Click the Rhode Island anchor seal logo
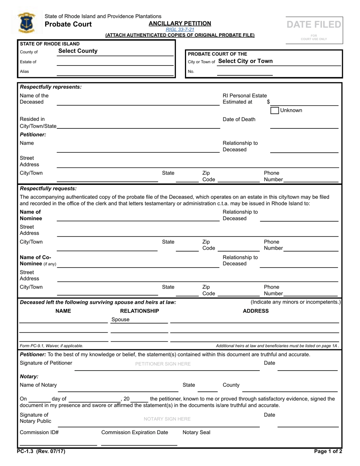click(x=26, y=23)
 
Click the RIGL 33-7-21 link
click(x=180, y=30)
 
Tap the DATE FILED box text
click(x=314, y=25)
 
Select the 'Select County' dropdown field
click(x=78, y=51)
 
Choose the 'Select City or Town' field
click(x=245, y=61)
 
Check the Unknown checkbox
click(x=275, y=110)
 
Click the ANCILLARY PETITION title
click(x=180, y=23)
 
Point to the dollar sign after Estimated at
click(x=268, y=102)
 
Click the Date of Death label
click(x=239, y=119)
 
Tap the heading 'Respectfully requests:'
click(x=48, y=188)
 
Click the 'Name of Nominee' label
click(x=31, y=215)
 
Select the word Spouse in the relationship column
click(x=120, y=319)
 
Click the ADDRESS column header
click(x=255, y=311)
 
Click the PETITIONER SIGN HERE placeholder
click(x=163, y=364)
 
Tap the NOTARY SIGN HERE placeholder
click(x=167, y=419)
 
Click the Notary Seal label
click(x=196, y=432)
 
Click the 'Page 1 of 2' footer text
click(x=328, y=451)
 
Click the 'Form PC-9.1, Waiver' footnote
click(x=52, y=346)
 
